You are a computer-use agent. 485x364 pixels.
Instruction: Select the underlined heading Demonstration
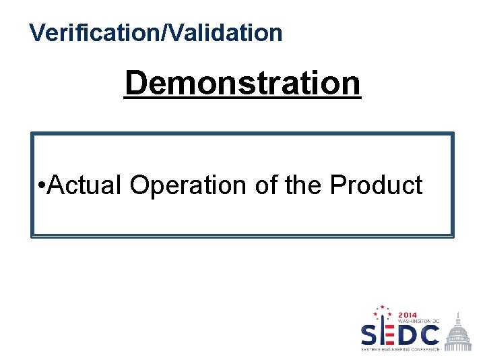pyautogui.click(x=243, y=84)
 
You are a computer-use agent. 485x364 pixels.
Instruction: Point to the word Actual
pyautogui.click(x=86, y=185)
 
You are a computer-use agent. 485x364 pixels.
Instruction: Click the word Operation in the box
pyautogui.click(x=189, y=185)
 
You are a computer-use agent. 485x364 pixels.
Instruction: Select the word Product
pyautogui.click(x=376, y=185)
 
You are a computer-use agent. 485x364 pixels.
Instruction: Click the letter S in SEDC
pyautogui.click(x=370, y=334)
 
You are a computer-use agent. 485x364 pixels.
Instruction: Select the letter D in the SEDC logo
pyautogui.click(x=407, y=334)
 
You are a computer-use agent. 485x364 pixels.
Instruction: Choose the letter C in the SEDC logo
pyautogui.click(x=429, y=334)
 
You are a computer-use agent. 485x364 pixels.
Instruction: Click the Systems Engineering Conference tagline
pyautogui.click(x=400, y=349)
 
